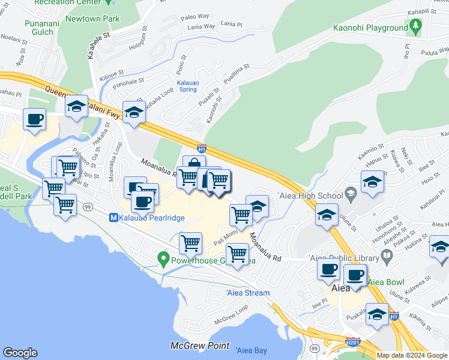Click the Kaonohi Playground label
coord(370,28)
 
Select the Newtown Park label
coord(98,19)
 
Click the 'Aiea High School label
coord(310,195)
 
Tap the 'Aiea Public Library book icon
coord(388,258)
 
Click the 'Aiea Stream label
coord(248,293)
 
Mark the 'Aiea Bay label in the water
coord(252,350)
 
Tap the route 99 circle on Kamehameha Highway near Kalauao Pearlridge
coord(88,207)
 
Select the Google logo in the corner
coord(20,353)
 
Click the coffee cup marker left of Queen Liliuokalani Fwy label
coord(34,118)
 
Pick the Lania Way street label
coord(201,26)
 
